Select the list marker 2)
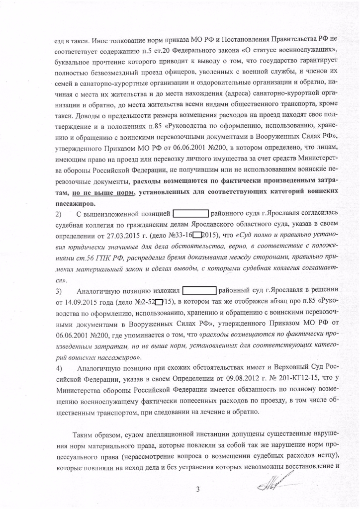(58, 215)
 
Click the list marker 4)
(58, 368)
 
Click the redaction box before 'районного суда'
(190, 215)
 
